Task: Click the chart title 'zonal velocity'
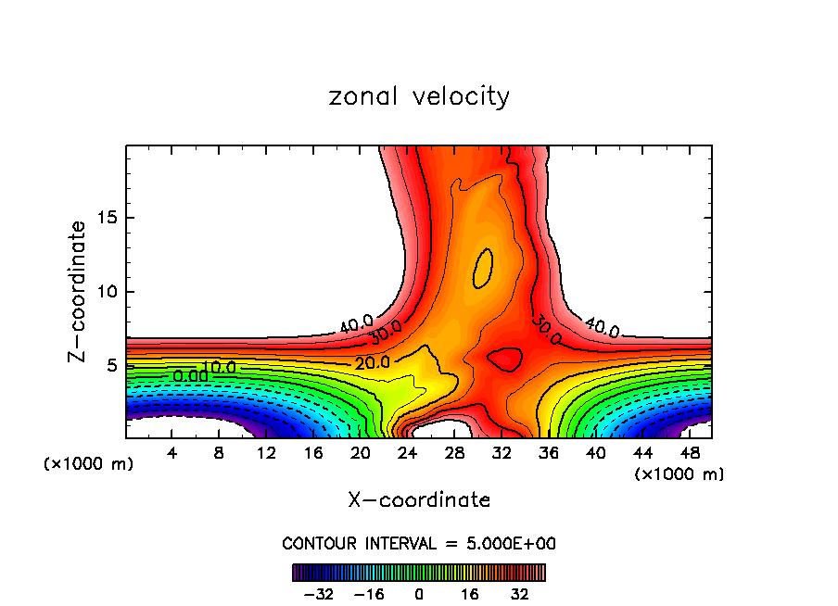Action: tap(419, 96)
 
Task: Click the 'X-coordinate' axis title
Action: tap(419, 500)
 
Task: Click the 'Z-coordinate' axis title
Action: tap(79, 291)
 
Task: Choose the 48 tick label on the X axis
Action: tap(690, 454)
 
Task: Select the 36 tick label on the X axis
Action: tap(549, 454)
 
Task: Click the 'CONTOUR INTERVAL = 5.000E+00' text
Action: tap(419, 543)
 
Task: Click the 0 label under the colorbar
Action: tap(419, 593)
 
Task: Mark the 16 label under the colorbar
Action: tap(470, 593)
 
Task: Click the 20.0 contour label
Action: tap(372, 362)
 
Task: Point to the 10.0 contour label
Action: tap(220, 368)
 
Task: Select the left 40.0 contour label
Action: tap(356, 324)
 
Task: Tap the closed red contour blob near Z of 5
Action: tap(503, 360)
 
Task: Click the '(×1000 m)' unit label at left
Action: tap(88, 464)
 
